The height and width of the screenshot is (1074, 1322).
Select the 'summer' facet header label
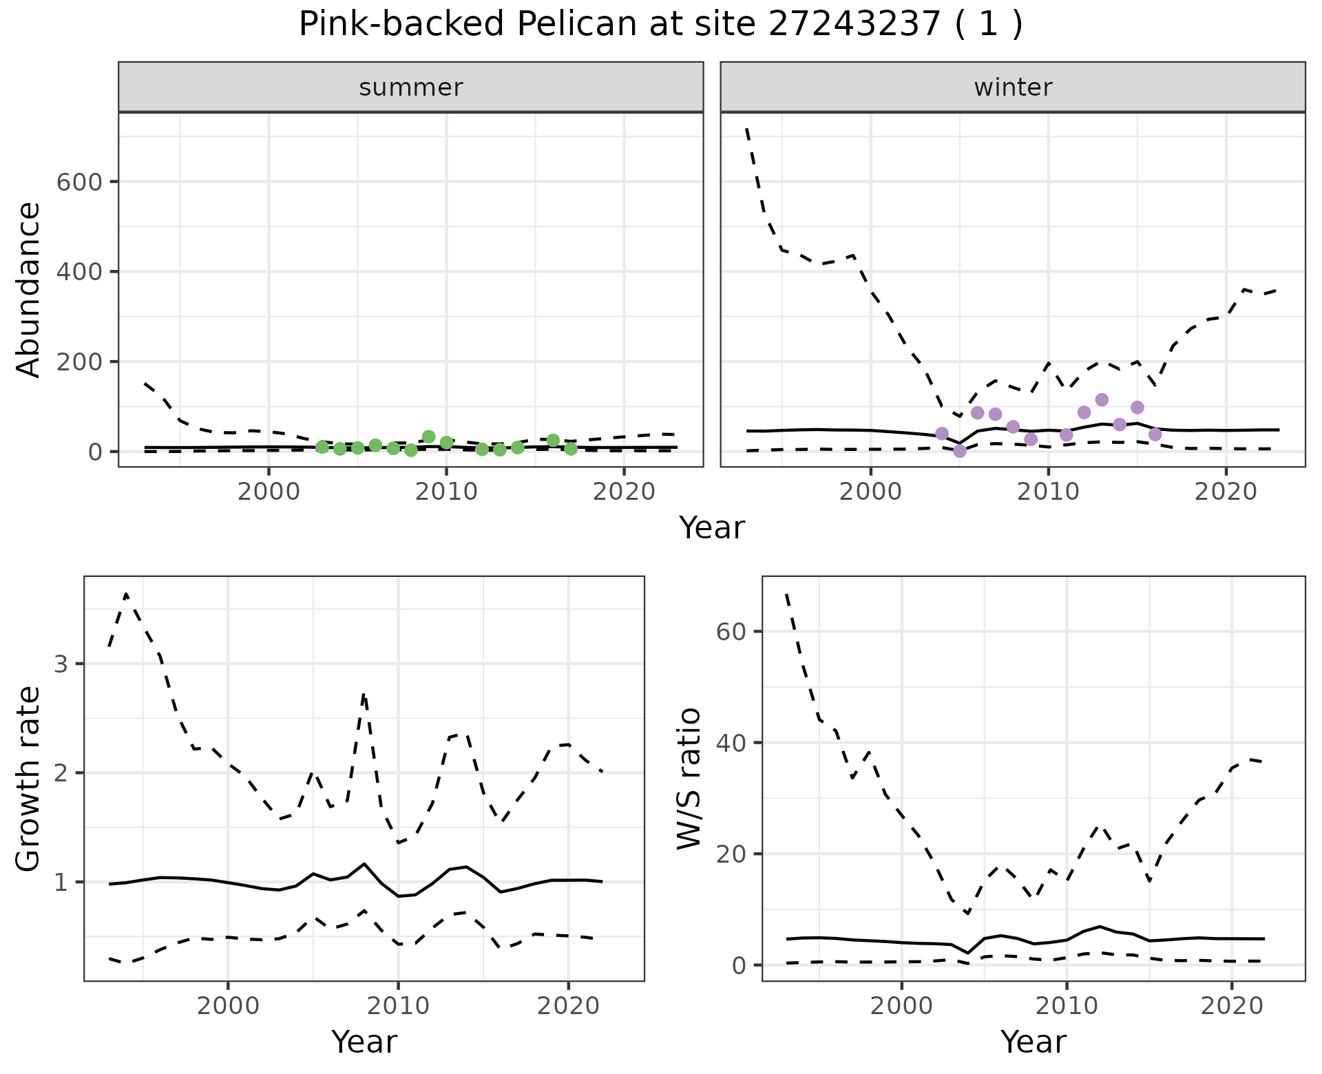(x=411, y=87)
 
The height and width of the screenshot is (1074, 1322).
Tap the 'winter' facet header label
(x=1013, y=87)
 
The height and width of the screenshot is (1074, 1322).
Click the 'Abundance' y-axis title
(x=28, y=290)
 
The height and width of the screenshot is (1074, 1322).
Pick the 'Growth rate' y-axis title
(x=28, y=780)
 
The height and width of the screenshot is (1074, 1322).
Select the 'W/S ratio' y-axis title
(x=689, y=779)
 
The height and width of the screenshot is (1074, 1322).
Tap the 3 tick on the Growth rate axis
(x=61, y=664)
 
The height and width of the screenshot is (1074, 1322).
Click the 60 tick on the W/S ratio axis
(x=731, y=632)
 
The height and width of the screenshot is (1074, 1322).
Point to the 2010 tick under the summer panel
(x=446, y=492)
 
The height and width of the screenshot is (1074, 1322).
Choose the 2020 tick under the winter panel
(x=1226, y=492)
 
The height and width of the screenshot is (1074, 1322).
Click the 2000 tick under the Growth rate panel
(x=228, y=1006)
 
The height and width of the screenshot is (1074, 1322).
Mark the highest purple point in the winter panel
(x=1102, y=400)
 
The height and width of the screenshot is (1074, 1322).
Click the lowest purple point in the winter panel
(x=960, y=452)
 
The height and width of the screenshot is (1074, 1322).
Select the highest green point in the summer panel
(x=428, y=436)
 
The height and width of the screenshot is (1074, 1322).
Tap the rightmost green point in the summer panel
(x=571, y=449)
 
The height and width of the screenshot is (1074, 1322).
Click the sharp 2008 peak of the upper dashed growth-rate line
(x=364, y=695)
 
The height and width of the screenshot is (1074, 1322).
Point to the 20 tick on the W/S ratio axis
(x=731, y=854)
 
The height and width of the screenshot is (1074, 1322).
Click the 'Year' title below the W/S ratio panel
(x=1033, y=1042)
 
